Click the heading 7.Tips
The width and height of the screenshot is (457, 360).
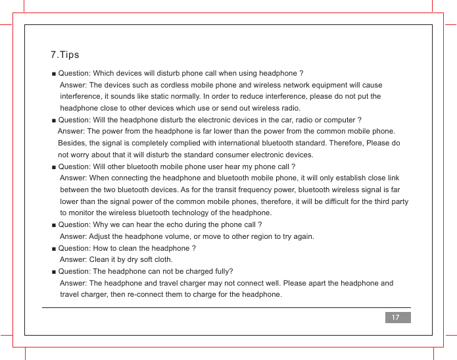tap(64, 55)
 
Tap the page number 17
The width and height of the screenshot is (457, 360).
tap(396, 318)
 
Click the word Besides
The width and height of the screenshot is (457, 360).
tap(72, 143)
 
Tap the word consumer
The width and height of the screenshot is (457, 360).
tap(243, 155)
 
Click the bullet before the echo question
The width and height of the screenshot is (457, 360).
tap(53, 225)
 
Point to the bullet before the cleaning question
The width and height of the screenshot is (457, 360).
tap(53, 249)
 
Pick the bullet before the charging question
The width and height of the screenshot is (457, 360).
tap(53, 272)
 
